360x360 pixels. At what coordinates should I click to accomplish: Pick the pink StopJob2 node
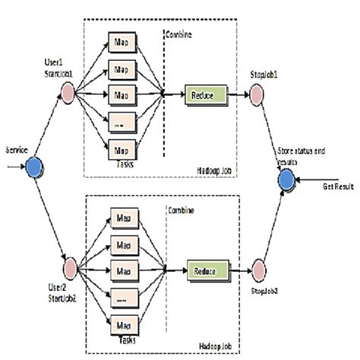257,270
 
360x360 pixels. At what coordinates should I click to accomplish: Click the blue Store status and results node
286,181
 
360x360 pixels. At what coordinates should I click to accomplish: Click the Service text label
17,150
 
